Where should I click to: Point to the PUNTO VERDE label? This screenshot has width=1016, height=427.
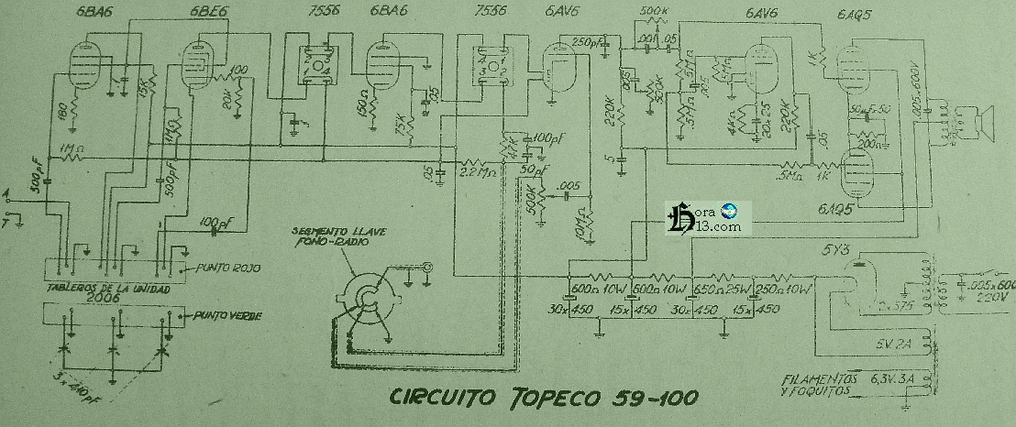[x=227, y=316]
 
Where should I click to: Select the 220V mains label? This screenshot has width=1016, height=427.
[x=987, y=296]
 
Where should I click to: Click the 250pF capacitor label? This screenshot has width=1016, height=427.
[x=584, y=42]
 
